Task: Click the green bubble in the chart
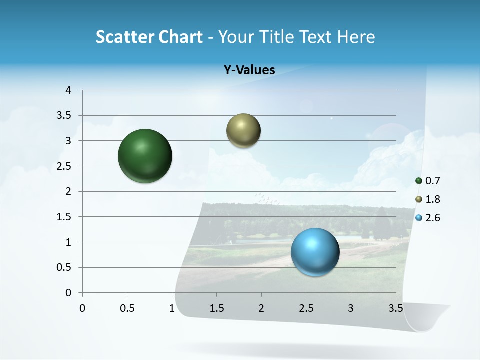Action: [145, 156]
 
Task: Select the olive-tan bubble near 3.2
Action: [243, 131]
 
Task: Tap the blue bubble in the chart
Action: [315, 252]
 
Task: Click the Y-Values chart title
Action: [249, 70]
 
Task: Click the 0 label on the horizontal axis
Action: [82, 308]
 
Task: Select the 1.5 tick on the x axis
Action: [216, 308]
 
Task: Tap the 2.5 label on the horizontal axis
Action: [306, 308]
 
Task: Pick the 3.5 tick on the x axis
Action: [395, 308]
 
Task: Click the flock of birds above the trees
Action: [266, 198]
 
